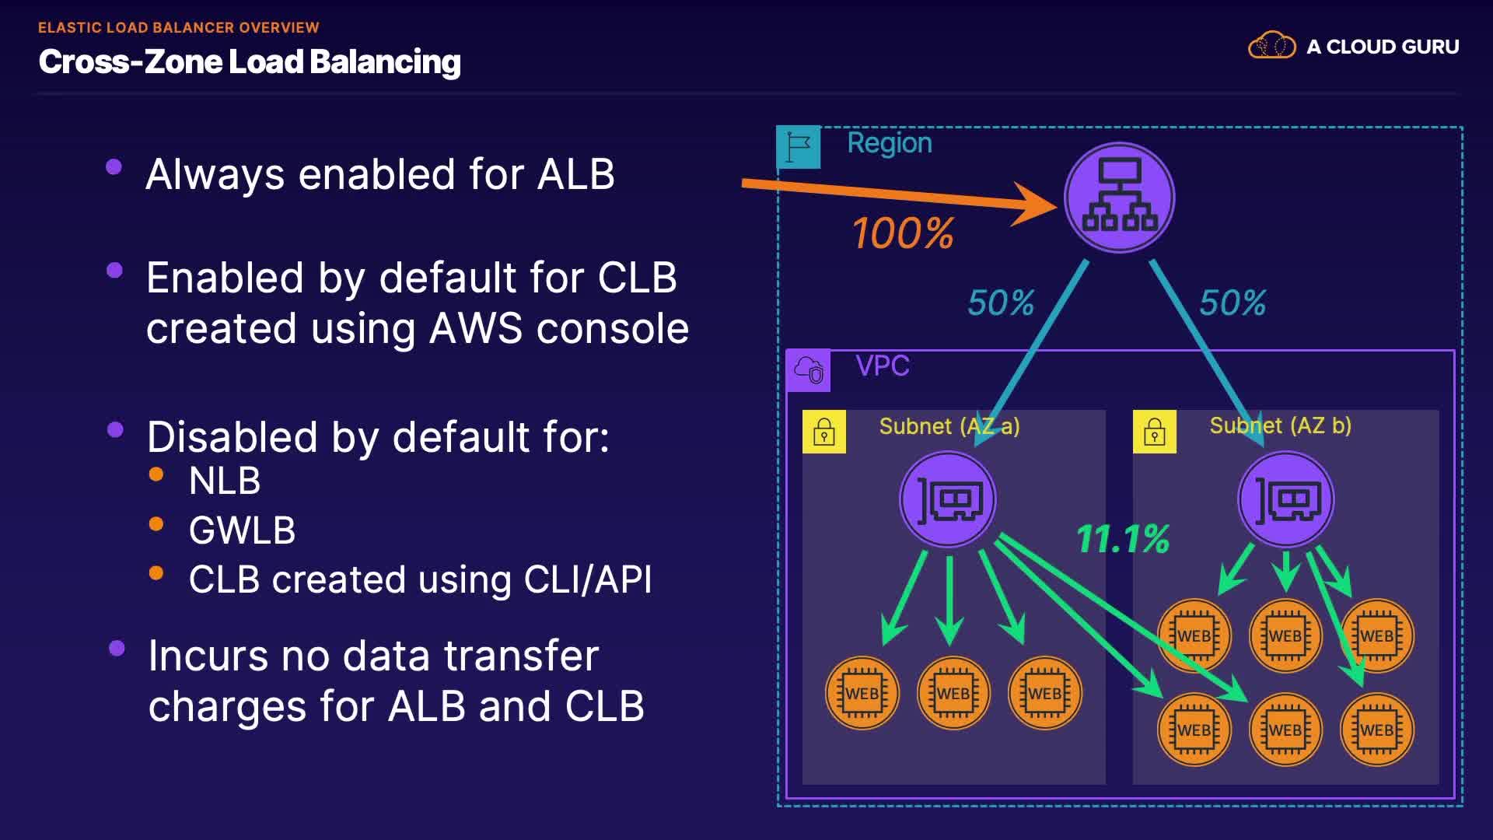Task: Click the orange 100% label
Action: click(903, 233)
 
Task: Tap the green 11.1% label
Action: click(1123, 538)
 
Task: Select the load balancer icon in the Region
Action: click(1119, 198)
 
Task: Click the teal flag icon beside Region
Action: click(798, 147)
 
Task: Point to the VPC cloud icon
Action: click(809, 370)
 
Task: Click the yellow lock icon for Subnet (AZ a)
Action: click(824, 432)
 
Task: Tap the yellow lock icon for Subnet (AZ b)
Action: click(1155, 432)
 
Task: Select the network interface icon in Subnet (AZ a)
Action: click(948, 500)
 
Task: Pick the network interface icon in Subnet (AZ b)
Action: click(1286, 500)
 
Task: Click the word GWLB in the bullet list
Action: click(242, 530)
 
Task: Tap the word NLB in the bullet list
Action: click(224, 481)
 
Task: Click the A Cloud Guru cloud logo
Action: click(1271, 46)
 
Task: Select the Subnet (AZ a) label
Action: click(949, 426)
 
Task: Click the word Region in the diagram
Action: click(890, 143)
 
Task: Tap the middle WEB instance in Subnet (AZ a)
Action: click(953, 693)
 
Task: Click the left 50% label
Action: click(1001, 303)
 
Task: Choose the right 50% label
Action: click(1233, 303)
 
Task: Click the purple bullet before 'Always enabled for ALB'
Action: click(114, 166)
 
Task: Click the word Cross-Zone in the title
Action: click(129, 61)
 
